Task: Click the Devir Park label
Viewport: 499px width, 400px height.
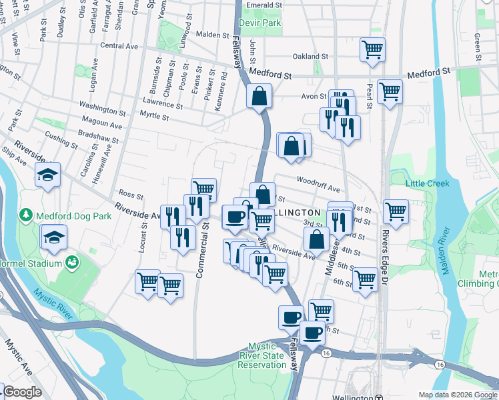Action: click(263, 23)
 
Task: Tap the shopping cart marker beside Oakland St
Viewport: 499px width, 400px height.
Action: click(372, 49)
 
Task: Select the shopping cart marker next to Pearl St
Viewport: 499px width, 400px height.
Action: click(390, 92)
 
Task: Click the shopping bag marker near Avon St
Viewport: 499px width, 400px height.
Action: click(259, 96)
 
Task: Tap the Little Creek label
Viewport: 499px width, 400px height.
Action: click(428, 183)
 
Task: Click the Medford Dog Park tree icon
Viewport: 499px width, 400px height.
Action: click(25, 215)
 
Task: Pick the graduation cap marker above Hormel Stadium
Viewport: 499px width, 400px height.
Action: click(53, 237)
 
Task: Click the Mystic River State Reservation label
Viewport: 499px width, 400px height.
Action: click(267, 355)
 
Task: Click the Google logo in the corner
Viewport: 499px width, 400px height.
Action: click(22, 392)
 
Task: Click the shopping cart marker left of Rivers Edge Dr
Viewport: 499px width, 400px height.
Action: click(396, 212)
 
